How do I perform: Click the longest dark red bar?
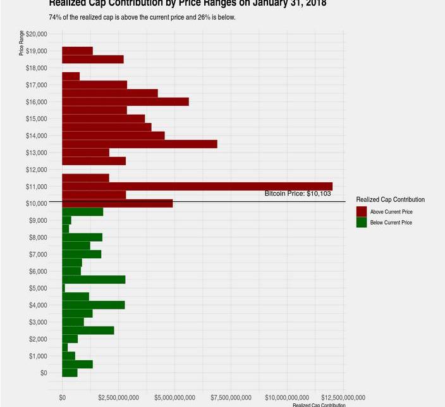[x=197, y=186]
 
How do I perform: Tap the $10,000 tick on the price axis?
[x=37, y=203]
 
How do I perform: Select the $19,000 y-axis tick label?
[x=37, y=51]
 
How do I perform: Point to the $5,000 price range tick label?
[x=39, y=288]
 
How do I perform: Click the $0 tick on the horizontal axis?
[x=62, y=398]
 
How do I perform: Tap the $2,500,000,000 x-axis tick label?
[x=118, y=398]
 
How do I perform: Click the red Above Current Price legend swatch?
[x=362, y=211]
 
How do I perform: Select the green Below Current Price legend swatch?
[x=362, y=223]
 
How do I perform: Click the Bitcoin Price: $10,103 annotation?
[x=298, y=194]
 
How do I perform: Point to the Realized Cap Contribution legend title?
[x=390, y=199]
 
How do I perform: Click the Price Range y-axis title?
[x=21, y=43]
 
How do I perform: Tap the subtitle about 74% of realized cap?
[x=142, y=17]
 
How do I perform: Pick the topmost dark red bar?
[x=77, y=51]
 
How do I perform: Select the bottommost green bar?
[x=70, y=373]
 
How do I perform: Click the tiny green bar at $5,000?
[x=63, y=288]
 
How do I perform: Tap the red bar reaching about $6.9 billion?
[x=139, y=144]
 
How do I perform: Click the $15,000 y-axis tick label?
[x=37, y=118]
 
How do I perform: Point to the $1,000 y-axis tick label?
[x=39, y=356]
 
